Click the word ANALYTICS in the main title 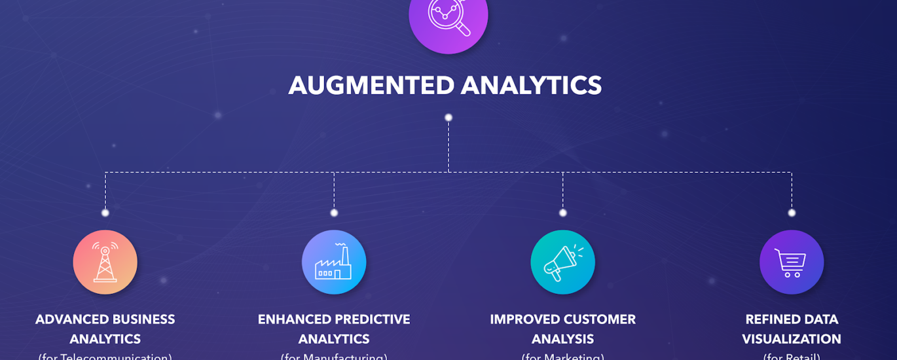coord(531,86)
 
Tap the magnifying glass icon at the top coord(448,17)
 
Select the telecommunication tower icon coord(105,262)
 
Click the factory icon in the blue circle coord(334,262)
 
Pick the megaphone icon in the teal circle coord(562,262)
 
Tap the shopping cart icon coord(791,262)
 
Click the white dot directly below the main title coord(448,118)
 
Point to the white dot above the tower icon coord(105,213)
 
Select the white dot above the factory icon coord(334,213)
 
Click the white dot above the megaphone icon coord(562,213)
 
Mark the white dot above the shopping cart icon coord(792,213)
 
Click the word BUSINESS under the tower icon coord(144,319)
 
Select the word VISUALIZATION coord(791,339)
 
